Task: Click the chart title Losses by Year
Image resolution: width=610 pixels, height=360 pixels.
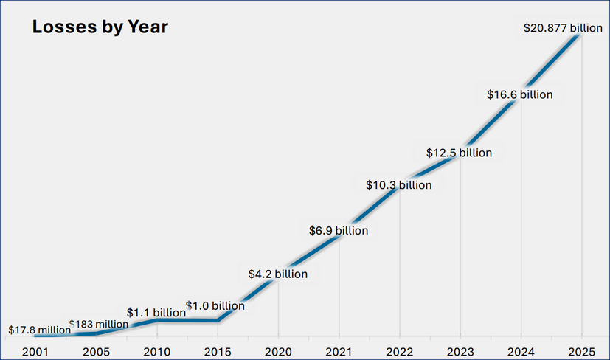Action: click(100, 28)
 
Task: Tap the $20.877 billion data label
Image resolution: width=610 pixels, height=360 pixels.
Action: click(563, 28)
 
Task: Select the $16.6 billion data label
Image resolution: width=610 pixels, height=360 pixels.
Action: click(519, 94)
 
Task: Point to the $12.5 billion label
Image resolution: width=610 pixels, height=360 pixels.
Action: click(459, 153)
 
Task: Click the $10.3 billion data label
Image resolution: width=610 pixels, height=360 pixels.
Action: click(398, 185)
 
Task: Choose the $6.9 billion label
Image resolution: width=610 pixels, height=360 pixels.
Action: click(338, 231)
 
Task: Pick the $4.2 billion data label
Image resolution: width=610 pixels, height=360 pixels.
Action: click(277, 274)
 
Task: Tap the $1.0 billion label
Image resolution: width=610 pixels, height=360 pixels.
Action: click(215, 305)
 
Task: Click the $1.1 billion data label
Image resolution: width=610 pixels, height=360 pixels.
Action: click(156, 313)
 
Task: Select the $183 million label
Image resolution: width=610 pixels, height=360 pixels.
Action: click(98, 324)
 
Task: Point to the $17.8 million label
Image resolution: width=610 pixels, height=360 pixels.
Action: click(39, 330)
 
